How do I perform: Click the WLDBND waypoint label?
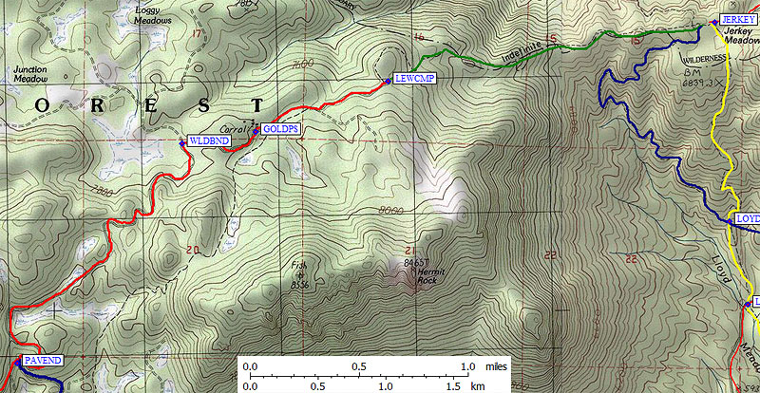[x=205, y=140]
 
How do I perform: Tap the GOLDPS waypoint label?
[x=275, y=128]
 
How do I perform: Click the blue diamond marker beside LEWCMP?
[x=388, y=81]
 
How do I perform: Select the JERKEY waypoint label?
[x=737, y=20]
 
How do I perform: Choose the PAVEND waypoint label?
[x=43, y=362]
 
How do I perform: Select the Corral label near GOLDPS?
[x=234, y=127]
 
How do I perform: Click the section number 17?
[x=198, y=34]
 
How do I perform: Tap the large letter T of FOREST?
[x=256, y=103]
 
